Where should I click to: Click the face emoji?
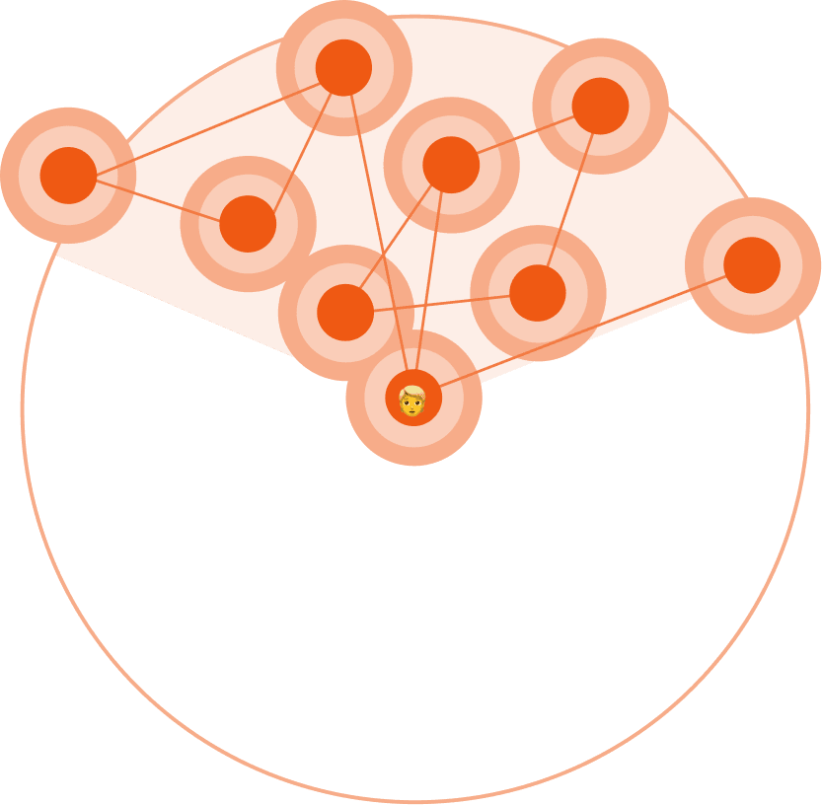click(x=412, y=400)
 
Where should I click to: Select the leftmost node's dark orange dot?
click(x=68, y=176)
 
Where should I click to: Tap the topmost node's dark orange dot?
click(x=343, y=67)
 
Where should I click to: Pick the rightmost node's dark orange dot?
click(x=752, y=265)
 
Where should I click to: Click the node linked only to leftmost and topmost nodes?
click(x=248, y=224)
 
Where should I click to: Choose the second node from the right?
click(x=600, y=106)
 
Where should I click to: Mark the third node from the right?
click(x=538, y=293)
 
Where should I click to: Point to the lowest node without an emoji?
click(x=345, y=313)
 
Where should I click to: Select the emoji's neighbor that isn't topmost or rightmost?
click(x=451, y=165)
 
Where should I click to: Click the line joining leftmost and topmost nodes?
click(x=205, y=121)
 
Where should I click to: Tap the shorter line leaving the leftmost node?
click(x=158, y=199)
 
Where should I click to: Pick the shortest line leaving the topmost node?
click(x=296, y=145)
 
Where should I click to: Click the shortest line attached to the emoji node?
click(x=430, y=284)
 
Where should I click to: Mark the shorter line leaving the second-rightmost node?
click(x=525, y=135)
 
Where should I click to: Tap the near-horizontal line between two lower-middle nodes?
click(x=441, y=303)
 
